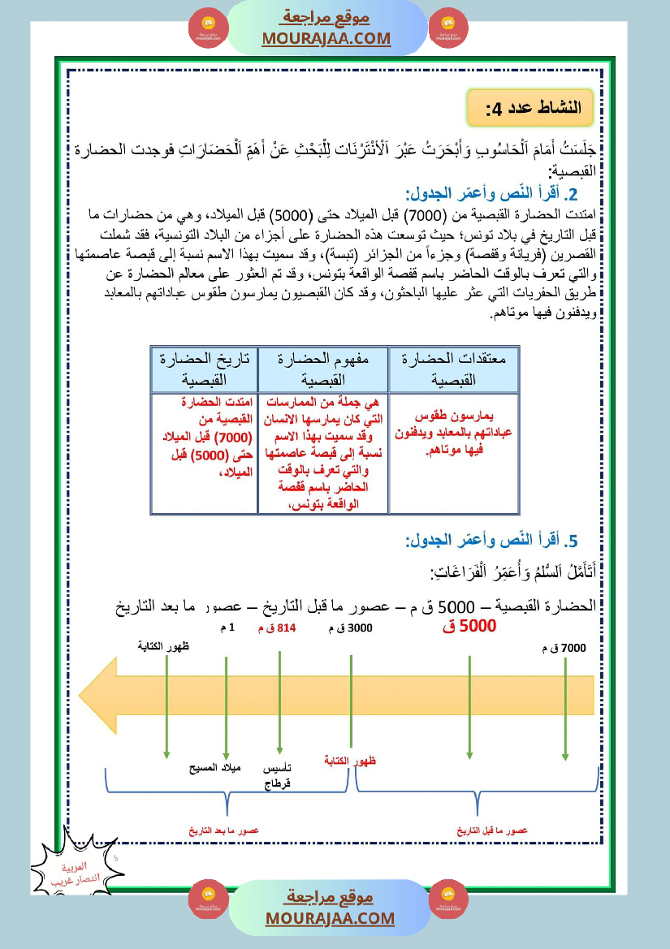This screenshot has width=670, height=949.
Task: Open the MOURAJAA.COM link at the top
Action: tap(326, 38)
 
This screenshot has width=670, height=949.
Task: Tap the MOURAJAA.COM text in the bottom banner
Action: tap(330, 918)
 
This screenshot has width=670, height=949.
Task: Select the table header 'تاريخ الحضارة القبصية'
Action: tap(204, 369)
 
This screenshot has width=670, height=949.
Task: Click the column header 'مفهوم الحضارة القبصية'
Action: tap(322, 369)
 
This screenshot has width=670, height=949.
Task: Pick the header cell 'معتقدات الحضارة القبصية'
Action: tap(453, 369)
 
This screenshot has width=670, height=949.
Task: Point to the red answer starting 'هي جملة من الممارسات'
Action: tap(322, 455)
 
